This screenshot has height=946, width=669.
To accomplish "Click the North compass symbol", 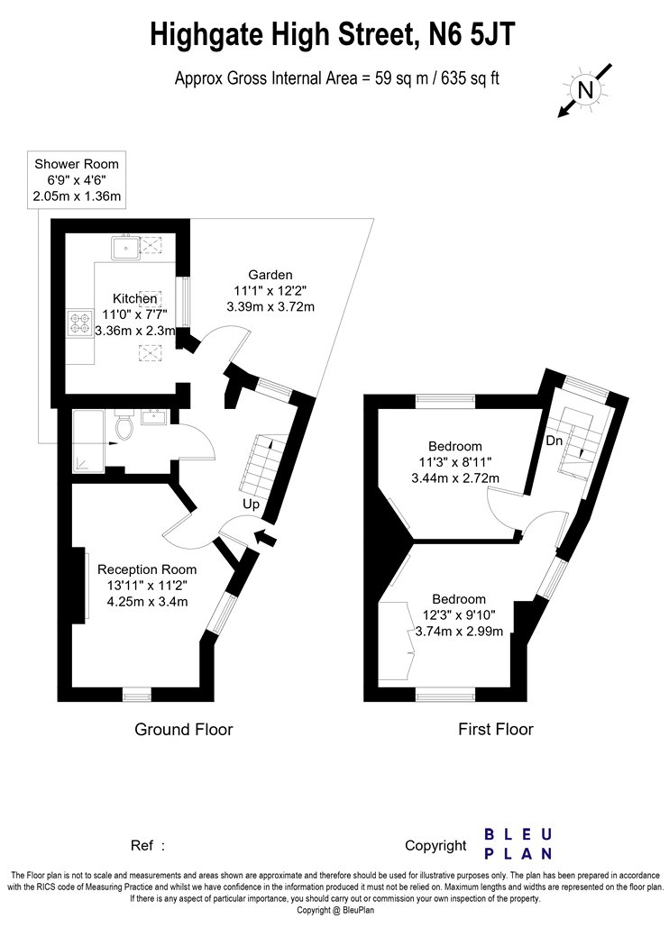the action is click(585, 90).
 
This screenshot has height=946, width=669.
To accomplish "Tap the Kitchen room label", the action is click(134, 298).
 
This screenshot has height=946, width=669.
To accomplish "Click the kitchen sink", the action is click(125, 247).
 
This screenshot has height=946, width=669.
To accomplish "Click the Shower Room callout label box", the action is click(77, 180).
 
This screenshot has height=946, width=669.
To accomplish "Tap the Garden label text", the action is click(270, 275).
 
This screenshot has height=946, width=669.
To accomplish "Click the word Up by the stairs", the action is click(252, 505).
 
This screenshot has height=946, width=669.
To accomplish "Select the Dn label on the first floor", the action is click(554, 441).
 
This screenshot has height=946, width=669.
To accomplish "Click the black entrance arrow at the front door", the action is click(264, 536).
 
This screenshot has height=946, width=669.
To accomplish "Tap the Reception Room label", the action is click(147, 569).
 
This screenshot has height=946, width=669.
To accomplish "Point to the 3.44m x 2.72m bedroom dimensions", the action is click(455, 478).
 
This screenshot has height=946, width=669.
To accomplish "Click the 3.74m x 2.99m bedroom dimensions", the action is click(459, 632).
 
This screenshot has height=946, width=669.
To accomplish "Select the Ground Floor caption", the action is click(184, 730).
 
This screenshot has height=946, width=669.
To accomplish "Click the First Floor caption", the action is click(496, 730).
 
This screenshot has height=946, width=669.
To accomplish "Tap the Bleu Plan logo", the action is click(518, 844).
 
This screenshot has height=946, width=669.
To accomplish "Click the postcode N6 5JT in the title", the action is click(472, 34).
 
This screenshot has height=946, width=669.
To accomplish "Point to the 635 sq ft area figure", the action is click(471, 79).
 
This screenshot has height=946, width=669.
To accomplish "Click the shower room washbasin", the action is click(153, 417).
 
